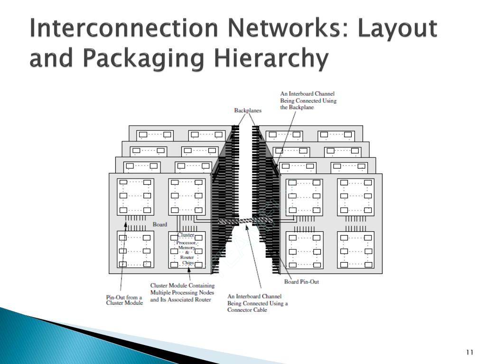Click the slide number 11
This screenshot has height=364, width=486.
pyautogui.click(x=470, y=352)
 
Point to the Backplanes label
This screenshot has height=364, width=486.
pyautogui.click(x=248, y=110)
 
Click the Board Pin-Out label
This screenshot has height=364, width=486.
pyautogui.click(x=301, y=282)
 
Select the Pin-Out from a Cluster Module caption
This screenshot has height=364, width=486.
pyautogui.click(x=124, y=300)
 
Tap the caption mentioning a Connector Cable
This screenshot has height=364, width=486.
pyautogui.click(x=257, y=303)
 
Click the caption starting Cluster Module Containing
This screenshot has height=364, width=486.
pyautogui.click(x=182, y=292)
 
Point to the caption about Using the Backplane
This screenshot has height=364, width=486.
pyautogui.click(x=308, y=100)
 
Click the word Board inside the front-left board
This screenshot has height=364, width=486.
pyautogui.click(x=159, y=224)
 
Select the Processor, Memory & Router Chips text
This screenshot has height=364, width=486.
pyautogui.click(x=186, y=253)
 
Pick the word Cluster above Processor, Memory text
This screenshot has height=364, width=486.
pyautogui.click(x=186, y=235)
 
